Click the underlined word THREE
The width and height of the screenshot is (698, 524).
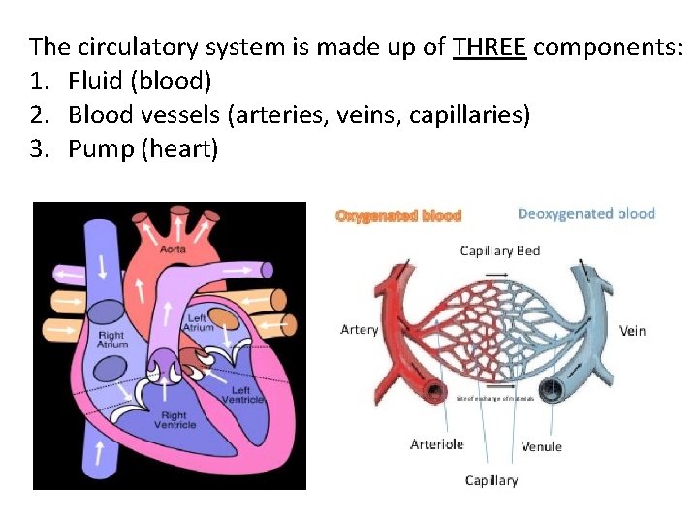[x=490, y=46]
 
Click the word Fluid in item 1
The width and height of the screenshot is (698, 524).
[x=95, y=81]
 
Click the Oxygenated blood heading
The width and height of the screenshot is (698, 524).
[x=398, y=215]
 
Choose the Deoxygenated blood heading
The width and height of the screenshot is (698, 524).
[x=587, y=213]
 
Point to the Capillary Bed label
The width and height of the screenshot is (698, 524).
[x=500, y=250]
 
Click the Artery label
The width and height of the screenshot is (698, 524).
[x=360, y=330]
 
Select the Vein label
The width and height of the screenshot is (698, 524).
[x=632, y=330]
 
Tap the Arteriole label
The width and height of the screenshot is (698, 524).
[x=437, y=444]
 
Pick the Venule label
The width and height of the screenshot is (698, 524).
[x=541, y=446]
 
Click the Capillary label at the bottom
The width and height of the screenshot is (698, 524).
[x=492, y=480]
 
